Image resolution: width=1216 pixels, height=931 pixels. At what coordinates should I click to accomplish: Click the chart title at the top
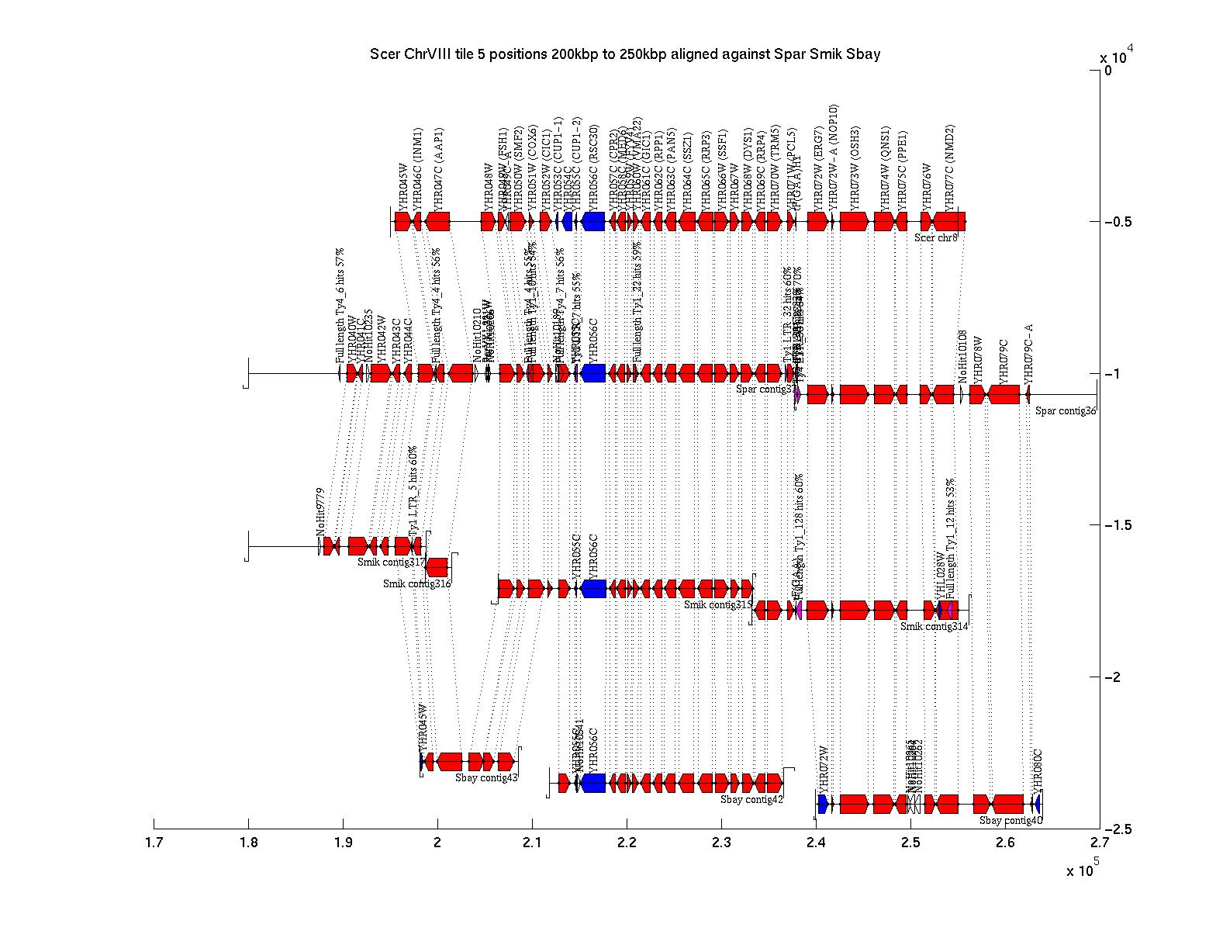pos(625,54)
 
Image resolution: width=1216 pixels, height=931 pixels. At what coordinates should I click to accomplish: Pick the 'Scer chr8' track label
pos(935,237)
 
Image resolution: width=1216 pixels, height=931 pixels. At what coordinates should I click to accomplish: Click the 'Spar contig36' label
pos(1066,410)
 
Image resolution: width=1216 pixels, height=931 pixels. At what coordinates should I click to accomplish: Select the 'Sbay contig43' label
pos(486,777)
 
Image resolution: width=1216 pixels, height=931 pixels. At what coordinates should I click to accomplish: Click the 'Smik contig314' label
pos(934,626)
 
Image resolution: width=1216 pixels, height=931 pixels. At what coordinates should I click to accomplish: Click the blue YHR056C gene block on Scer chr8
pos(593,221)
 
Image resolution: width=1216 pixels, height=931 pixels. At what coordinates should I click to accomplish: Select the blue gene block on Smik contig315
pos(593,588)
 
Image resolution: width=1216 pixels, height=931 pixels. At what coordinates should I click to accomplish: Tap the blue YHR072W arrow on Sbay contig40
pos(823,804)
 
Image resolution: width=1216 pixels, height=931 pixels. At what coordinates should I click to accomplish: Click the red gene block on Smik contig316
pos(437,567)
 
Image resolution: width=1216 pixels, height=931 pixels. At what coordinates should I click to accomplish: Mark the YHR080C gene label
pos(1038,769)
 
